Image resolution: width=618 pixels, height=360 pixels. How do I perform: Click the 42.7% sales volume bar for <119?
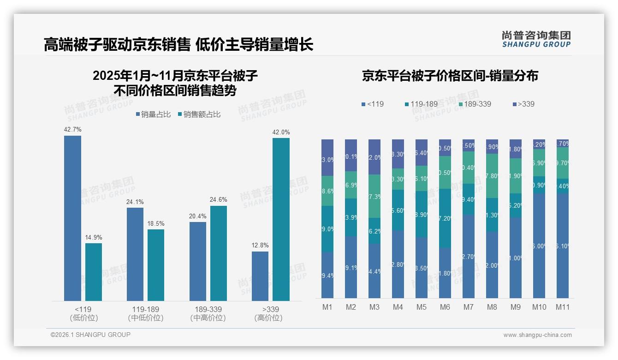pos(72,218)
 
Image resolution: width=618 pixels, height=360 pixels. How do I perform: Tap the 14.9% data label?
pos(93,237)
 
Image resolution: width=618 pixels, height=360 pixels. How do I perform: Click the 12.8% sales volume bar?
pos(260,276)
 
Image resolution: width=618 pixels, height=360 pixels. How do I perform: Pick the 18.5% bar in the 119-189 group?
pos(156,265)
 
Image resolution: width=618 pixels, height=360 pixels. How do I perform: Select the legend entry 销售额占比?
pos(199,114)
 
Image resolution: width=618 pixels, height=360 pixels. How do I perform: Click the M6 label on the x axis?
pos(445,307)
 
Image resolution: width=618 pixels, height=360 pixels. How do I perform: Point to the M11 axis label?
pos(562,307)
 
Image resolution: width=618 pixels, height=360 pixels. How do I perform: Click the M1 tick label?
pos(327,307)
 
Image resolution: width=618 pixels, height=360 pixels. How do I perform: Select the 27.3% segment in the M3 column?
pos(374,196)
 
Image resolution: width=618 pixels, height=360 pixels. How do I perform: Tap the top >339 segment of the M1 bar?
pos(327,157)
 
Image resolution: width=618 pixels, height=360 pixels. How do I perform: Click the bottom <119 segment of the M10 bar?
pos(539,246)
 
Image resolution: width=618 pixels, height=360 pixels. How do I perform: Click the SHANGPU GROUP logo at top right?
pos(536,39)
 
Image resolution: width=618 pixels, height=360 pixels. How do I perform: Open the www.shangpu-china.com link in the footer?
pos(537,335)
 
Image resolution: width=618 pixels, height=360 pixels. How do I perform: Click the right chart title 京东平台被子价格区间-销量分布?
pos(450,76)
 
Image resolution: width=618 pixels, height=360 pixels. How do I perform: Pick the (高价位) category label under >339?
pos(268,318)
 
